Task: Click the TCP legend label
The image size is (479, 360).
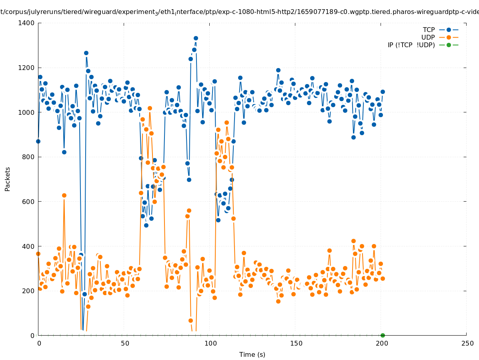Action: [x=429, y=30]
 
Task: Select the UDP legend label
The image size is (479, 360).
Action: [x=428, y=38]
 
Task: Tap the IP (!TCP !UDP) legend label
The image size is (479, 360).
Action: [x=411, y=45]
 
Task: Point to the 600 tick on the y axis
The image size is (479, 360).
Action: [x=28, y=202]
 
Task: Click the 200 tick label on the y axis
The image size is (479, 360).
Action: [x=28, y=291]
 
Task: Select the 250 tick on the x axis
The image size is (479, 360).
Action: [x=467, y=344]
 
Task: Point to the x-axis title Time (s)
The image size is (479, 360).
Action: [x=252, y=355]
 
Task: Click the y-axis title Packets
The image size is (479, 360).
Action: [x=8, y=179]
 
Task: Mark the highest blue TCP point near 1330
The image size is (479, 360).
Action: [x=196, y=38]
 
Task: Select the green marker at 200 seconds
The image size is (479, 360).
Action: [x=383, y=335]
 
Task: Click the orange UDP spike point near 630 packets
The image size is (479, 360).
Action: [x=64, y=195]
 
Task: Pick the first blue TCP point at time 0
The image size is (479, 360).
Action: [x=38, y=141]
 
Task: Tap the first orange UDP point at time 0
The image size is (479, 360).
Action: [x=38, y=254]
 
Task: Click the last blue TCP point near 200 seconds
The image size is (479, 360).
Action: [x=383, y=92]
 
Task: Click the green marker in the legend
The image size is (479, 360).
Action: [x=449, y=45]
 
